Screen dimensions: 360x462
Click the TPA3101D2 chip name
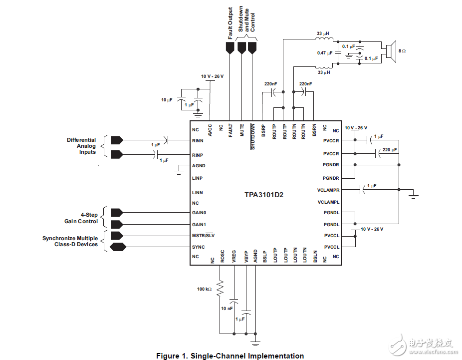click(264, 195)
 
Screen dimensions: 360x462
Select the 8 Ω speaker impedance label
click(402, 51)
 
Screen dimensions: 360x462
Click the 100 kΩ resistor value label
click(204, 289)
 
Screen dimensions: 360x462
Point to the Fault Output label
click(230, 23)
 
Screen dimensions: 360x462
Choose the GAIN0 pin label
click(199, 213)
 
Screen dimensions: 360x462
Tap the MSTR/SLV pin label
click(204, 236)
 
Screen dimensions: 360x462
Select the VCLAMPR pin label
click(328, 190)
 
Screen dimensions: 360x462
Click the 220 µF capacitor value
click(391, 150)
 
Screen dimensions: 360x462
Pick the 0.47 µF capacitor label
click(324, 53)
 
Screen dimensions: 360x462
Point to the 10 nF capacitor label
click(227, 309)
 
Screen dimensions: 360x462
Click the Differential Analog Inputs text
click(81, 146)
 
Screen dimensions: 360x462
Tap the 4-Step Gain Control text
click(81, 218)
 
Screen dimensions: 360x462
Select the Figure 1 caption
click(230, 356)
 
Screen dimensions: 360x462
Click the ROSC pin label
click(223, 256)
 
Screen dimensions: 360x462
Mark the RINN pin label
click(198, 141)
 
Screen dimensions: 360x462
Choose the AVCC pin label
click(210, 131)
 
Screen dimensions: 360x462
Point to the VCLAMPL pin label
click(328, 202)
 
